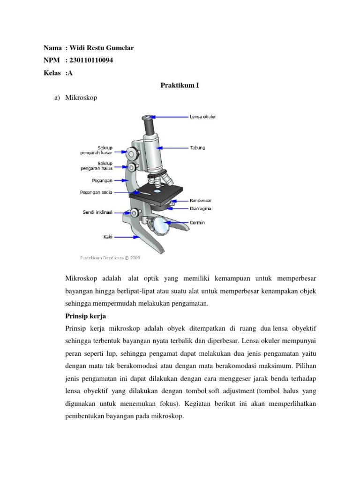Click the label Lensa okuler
[202, 116]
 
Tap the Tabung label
[197, 148]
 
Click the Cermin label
[197, 223]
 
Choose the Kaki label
[108, 237]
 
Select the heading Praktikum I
[180, 86]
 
